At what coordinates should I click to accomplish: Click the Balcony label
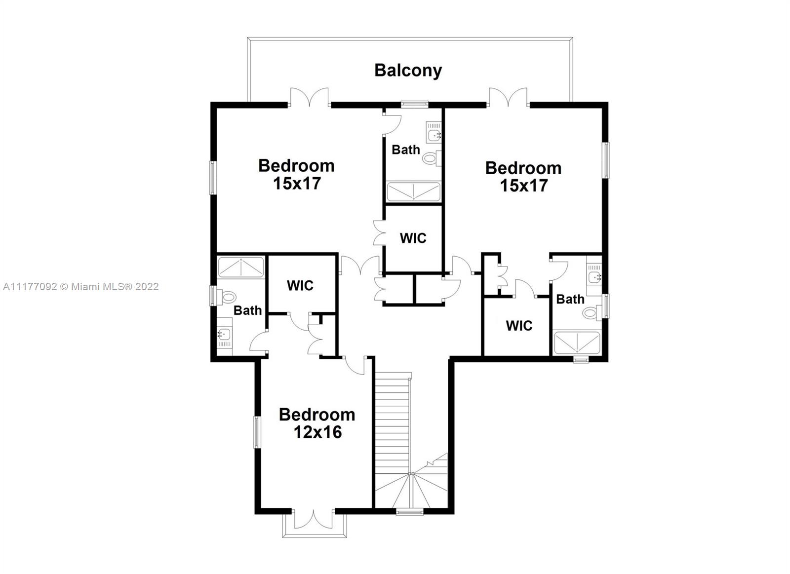click(x=408, y=71)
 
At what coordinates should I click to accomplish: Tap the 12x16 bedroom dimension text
click(x=318, y=432)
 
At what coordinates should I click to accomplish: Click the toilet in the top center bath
click(x=432, y=158)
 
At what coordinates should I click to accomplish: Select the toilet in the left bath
click(x=226, y=297)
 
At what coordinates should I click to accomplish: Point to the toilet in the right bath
click(x=592, y=312)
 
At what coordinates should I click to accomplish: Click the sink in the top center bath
click(x=434, y=132)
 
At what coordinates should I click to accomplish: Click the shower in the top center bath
click(x=413, y=192)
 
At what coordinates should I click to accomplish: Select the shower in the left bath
click(x=241, y=268)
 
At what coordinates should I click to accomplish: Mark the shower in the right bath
click(x=577, y=343)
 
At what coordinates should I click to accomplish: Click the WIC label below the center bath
click(x=413, y=238)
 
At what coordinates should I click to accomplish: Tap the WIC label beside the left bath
click(x=300, y=286)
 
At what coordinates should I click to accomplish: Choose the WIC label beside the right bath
click(x=519, y=326)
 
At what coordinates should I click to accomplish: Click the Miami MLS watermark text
click(x=81, y=287)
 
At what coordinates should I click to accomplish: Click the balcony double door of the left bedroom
click(x=309, y=97)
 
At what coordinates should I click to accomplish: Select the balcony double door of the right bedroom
click(x=508, y=97)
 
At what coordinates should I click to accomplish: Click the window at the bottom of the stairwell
click(x=409, y=512)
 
